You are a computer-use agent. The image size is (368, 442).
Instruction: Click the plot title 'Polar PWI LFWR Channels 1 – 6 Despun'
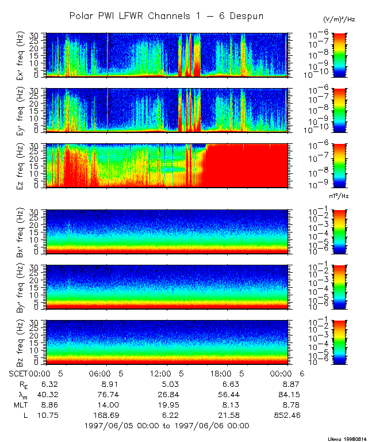166,16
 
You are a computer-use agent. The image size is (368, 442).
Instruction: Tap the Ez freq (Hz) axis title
21,166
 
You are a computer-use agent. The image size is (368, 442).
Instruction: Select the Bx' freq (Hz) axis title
21,232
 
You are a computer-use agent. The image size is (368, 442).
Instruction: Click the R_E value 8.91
109,383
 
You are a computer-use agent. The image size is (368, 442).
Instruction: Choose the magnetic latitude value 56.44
228,394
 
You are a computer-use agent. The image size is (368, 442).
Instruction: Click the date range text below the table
166,426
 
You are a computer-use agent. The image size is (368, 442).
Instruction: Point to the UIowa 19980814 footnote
349,438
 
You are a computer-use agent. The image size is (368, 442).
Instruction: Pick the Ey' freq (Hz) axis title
21,110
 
